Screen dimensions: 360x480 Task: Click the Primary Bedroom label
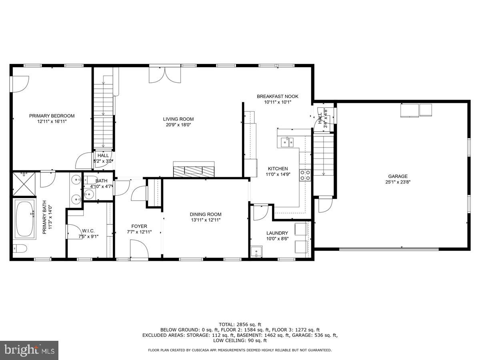[x=52, y=116]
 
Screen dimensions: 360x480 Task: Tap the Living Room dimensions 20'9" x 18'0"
[x=178, y=125]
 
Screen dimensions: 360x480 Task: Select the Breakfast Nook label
[x=277, y=96]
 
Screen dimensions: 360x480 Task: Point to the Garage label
[x=398, y=176]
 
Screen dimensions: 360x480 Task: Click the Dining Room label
[x=205, y=214]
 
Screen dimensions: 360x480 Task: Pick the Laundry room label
[x=277, y=233]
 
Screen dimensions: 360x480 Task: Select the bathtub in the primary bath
[x=25, y=219]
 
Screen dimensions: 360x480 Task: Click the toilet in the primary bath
[x=19, y=248]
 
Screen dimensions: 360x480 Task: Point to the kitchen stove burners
[x=305, y=174]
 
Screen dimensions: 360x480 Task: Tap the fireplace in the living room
[x=194, y=170]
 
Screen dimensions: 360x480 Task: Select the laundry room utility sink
[x=256, y=252]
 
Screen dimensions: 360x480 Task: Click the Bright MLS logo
[x=29, y=350]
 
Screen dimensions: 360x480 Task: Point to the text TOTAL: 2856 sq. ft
[x=240, y=324]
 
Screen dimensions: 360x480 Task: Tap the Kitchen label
[x=277, y=169]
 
